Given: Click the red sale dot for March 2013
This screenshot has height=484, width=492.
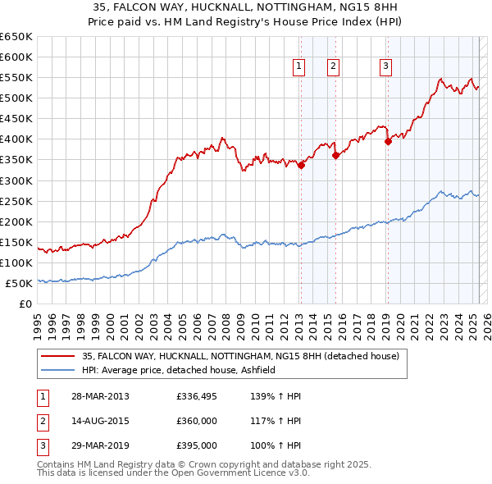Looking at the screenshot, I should coord(301,165).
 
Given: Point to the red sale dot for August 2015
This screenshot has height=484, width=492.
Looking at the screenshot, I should coord(335,155).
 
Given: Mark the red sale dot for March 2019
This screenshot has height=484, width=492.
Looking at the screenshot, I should coord(389,140).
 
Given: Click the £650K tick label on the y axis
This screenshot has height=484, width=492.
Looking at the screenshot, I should coord(16,37).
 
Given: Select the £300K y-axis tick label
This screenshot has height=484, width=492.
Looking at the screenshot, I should coord(16,180).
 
